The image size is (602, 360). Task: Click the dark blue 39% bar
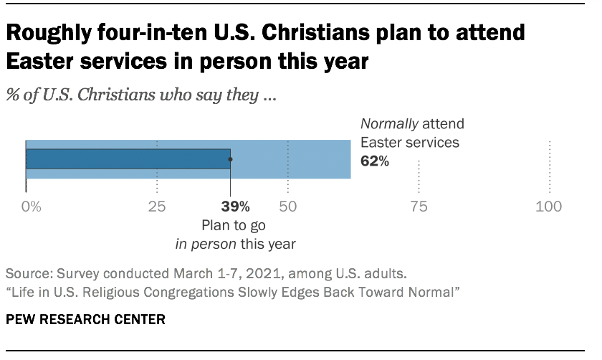click(x=128, y=158)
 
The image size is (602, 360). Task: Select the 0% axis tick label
click(x=31, y=207)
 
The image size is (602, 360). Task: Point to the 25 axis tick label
click(x=157, y=207)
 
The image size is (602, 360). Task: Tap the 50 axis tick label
click(x=288, y=207)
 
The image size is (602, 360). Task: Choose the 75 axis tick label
click(x=419, y=207)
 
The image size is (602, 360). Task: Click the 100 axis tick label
click(x=549, y=207)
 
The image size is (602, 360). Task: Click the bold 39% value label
click(x=235, y=207)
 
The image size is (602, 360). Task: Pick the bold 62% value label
click(x=374, y=161)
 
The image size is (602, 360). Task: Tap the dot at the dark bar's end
click(x=230, y=158)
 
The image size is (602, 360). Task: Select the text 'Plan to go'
click(x=235, y=225)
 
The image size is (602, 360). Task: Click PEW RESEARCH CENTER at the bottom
click(x=85, y=319)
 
